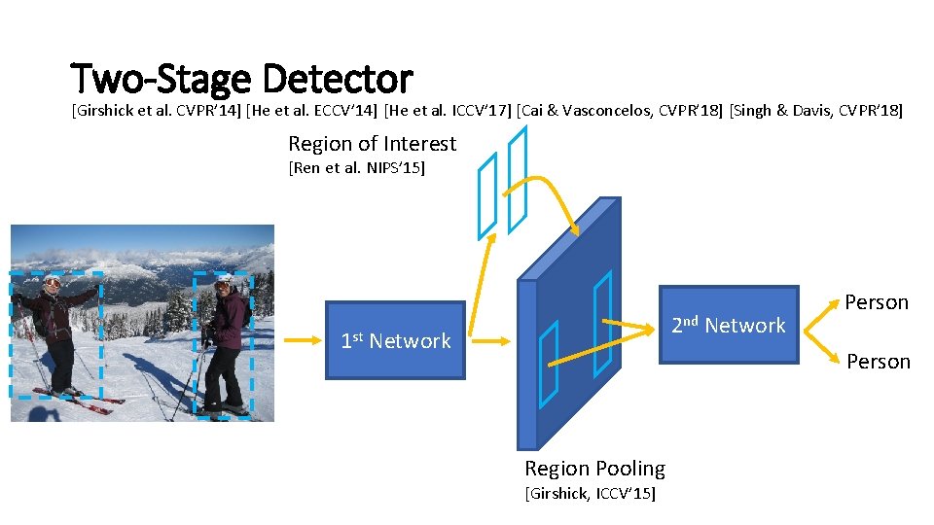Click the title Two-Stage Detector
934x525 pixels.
[242, 78]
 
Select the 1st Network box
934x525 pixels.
[395, 340]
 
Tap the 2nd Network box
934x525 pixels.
[729, 325]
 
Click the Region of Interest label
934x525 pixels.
[372, 144]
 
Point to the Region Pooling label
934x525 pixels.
[594, 469]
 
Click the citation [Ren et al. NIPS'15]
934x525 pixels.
[356, 169]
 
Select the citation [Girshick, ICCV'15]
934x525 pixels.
[590, 494]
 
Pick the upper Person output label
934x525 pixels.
[876, 302]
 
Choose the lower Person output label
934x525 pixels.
[878, 362]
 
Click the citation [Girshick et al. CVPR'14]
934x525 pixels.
[155, 111]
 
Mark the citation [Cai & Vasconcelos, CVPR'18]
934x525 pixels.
[620, 111]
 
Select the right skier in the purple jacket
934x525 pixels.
[225, 340]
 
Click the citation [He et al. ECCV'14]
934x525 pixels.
[311, 111]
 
